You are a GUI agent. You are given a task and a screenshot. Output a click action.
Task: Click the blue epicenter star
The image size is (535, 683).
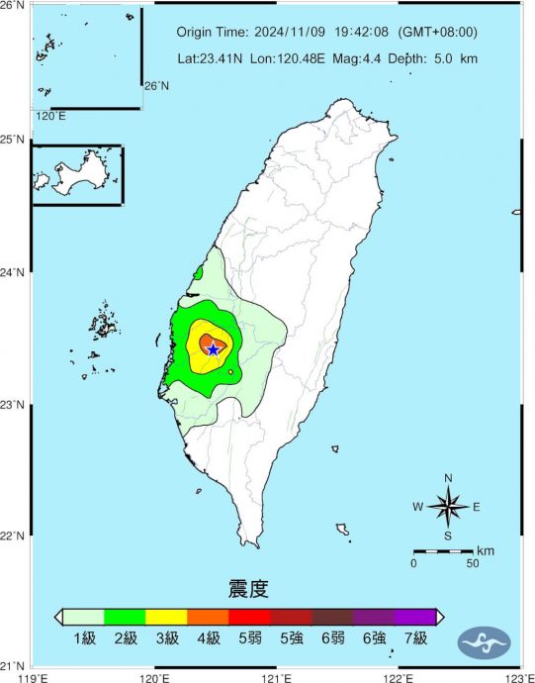click(x=213, y=349)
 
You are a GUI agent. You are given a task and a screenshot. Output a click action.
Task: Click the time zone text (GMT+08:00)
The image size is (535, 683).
click(x=438, y=32)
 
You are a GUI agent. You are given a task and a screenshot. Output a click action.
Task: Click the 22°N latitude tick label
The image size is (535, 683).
click(x=15, y=537)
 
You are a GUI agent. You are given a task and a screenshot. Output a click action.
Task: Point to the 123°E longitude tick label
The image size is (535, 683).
click(x=517, y=677)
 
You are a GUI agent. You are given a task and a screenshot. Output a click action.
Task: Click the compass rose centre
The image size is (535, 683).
click(x=447, y=507)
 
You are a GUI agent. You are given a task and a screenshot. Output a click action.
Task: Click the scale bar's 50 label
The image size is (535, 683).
click(x=473, y=563)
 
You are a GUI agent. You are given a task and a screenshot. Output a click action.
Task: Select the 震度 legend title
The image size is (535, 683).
click(x=248, y=591)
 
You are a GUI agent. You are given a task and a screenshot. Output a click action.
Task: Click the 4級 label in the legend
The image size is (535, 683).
click(x=208, y=638)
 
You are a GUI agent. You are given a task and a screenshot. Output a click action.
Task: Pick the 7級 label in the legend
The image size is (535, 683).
click(x=415, y=638)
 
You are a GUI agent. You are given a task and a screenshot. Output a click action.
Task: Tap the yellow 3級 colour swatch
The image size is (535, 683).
click(x=166, y=617)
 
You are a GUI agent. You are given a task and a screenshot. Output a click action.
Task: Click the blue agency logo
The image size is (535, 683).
click(x=484, y=642)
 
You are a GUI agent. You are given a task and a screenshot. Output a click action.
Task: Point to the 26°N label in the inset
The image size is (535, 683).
click(x=156, y=86)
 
